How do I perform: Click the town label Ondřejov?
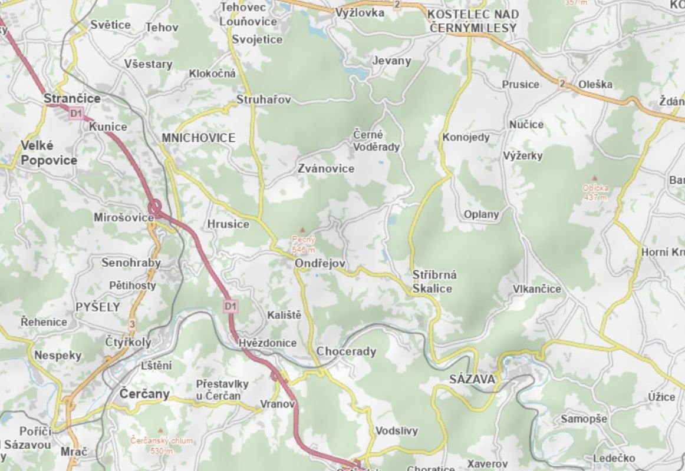[x=320, y=264]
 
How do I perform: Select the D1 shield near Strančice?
[x=75, y=113]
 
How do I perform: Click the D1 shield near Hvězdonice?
[x=230, y=306]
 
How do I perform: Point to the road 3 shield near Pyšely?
[x=131, y=324]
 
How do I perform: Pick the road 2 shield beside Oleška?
[x=562, y=84]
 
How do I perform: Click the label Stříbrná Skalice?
[x=434, y=281]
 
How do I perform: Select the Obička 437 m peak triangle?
[x=594, y=178]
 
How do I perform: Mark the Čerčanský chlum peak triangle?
[x=160, y=430]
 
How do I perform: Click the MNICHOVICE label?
[x=198, y=138]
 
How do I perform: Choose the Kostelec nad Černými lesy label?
[x=473, y=21]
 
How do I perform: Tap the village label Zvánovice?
[x=326, y=169]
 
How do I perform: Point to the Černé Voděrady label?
[x=376, y=141]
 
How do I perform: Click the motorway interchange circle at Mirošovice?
[x=155, y=208]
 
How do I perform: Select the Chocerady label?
[x=346, y=351]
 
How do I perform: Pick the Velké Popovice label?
[x=49, y=152]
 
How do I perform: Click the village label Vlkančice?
[x=536, y=289]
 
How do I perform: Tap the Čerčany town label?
[x=144, y=393]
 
